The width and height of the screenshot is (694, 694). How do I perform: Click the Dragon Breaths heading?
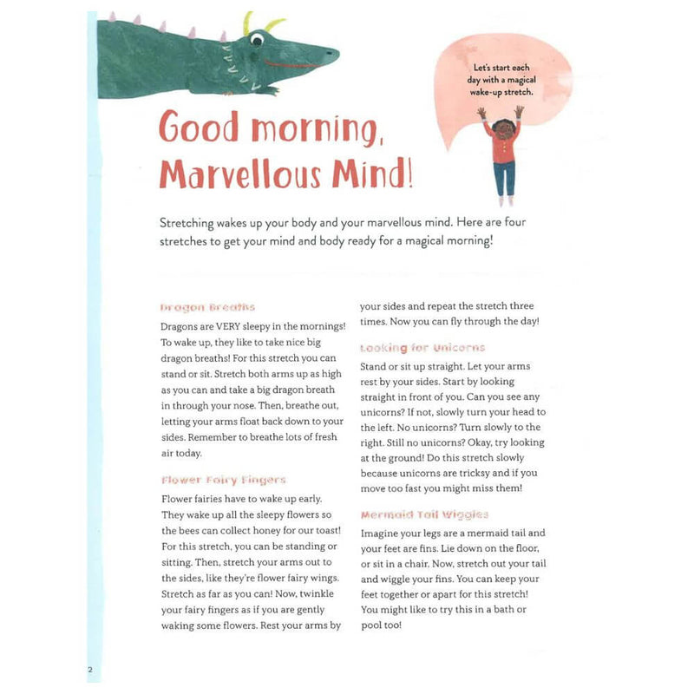coord(208,307)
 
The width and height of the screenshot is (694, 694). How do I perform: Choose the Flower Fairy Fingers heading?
coord(223,480)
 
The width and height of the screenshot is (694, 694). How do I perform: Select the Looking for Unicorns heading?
coord(422,348)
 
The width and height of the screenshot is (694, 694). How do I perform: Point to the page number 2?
coord(89,670)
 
